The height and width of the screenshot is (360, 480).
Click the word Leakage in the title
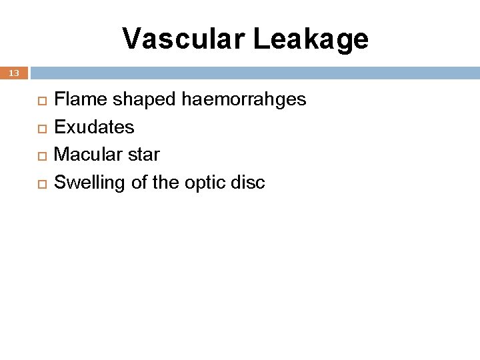pyautogui.click(x=311, y=39)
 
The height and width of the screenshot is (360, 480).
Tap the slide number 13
pyautogui.click(x=14, y=73)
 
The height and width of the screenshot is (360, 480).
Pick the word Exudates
pyautogui.click(x=94, y=127)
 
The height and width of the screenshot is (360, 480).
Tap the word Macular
pyautogui.click(x=87, y=155)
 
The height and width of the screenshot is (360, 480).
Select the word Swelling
pyautogui.click(x=89, y=183)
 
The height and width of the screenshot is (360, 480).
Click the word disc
pyautogui.click(x=249, y=183)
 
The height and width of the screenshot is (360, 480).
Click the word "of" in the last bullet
pyautogui.click(x=139, y=183)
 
